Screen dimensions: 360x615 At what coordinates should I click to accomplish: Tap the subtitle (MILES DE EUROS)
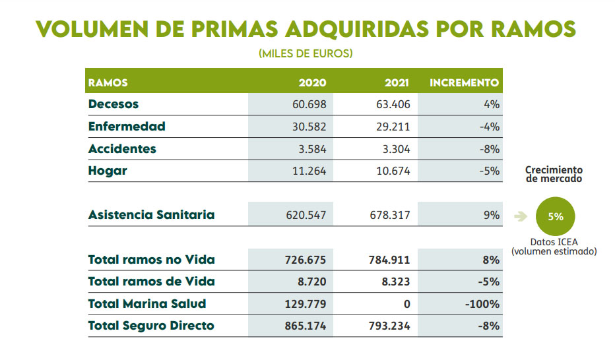point(306,53)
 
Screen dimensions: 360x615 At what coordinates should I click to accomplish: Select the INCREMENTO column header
point(464,83)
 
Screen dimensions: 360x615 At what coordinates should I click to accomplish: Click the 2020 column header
point(312,83)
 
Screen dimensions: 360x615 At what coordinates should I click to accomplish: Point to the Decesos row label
point(113,104)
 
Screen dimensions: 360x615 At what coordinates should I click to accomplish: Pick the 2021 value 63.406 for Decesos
point(393,104)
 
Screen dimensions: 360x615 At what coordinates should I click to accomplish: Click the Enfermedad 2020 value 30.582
point(308,127)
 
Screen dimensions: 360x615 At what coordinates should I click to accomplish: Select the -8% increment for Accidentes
point(490,148)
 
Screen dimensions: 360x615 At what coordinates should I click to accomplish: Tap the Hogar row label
point(108,171)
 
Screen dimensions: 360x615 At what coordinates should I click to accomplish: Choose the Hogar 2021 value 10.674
point(393,171)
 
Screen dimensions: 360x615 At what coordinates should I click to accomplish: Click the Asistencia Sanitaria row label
point(151,215)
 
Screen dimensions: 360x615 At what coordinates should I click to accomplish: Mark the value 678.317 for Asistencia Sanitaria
point(389,215)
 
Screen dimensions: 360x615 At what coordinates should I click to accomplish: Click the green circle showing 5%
point(555,216)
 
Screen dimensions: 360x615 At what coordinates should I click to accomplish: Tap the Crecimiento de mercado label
point(554,174)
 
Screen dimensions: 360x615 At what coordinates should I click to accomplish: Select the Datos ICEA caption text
point(554,246)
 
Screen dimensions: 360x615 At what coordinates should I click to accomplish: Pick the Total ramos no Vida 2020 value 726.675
point(305,260)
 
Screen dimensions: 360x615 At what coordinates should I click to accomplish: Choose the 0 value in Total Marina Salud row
point(406,304)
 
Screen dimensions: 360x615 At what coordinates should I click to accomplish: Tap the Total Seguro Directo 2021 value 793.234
point(389,326)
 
